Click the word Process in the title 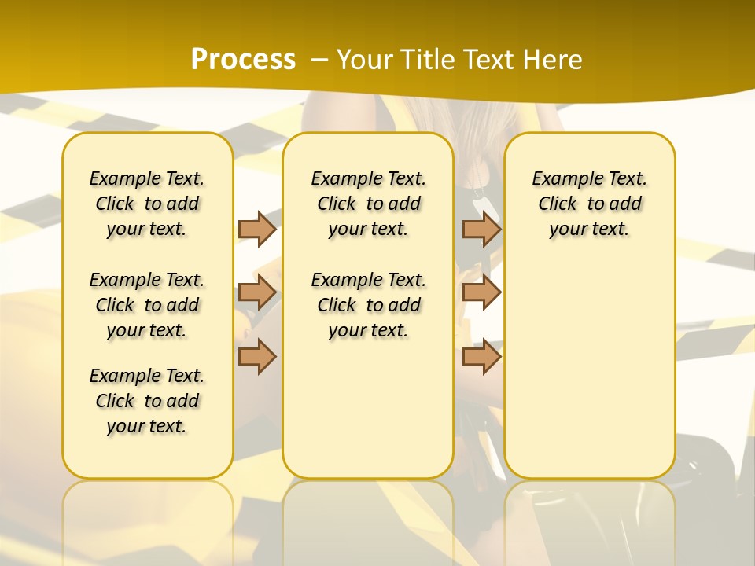point(243,60)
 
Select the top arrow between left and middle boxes point(257,229)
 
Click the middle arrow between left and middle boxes point(257,292)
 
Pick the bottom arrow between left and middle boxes point(257,356)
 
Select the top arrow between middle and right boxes point(481,229)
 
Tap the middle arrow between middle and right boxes point(481,292)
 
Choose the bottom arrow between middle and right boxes point(481,356)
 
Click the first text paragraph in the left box point(147,204)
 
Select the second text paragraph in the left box point(147,305)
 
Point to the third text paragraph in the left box point(147,401)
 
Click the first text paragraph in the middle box point(368,204)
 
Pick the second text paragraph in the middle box point(368,305)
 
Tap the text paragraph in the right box point(589,204)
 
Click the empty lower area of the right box point(589,369)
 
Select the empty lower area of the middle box point(368,409)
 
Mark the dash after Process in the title point(319,60)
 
